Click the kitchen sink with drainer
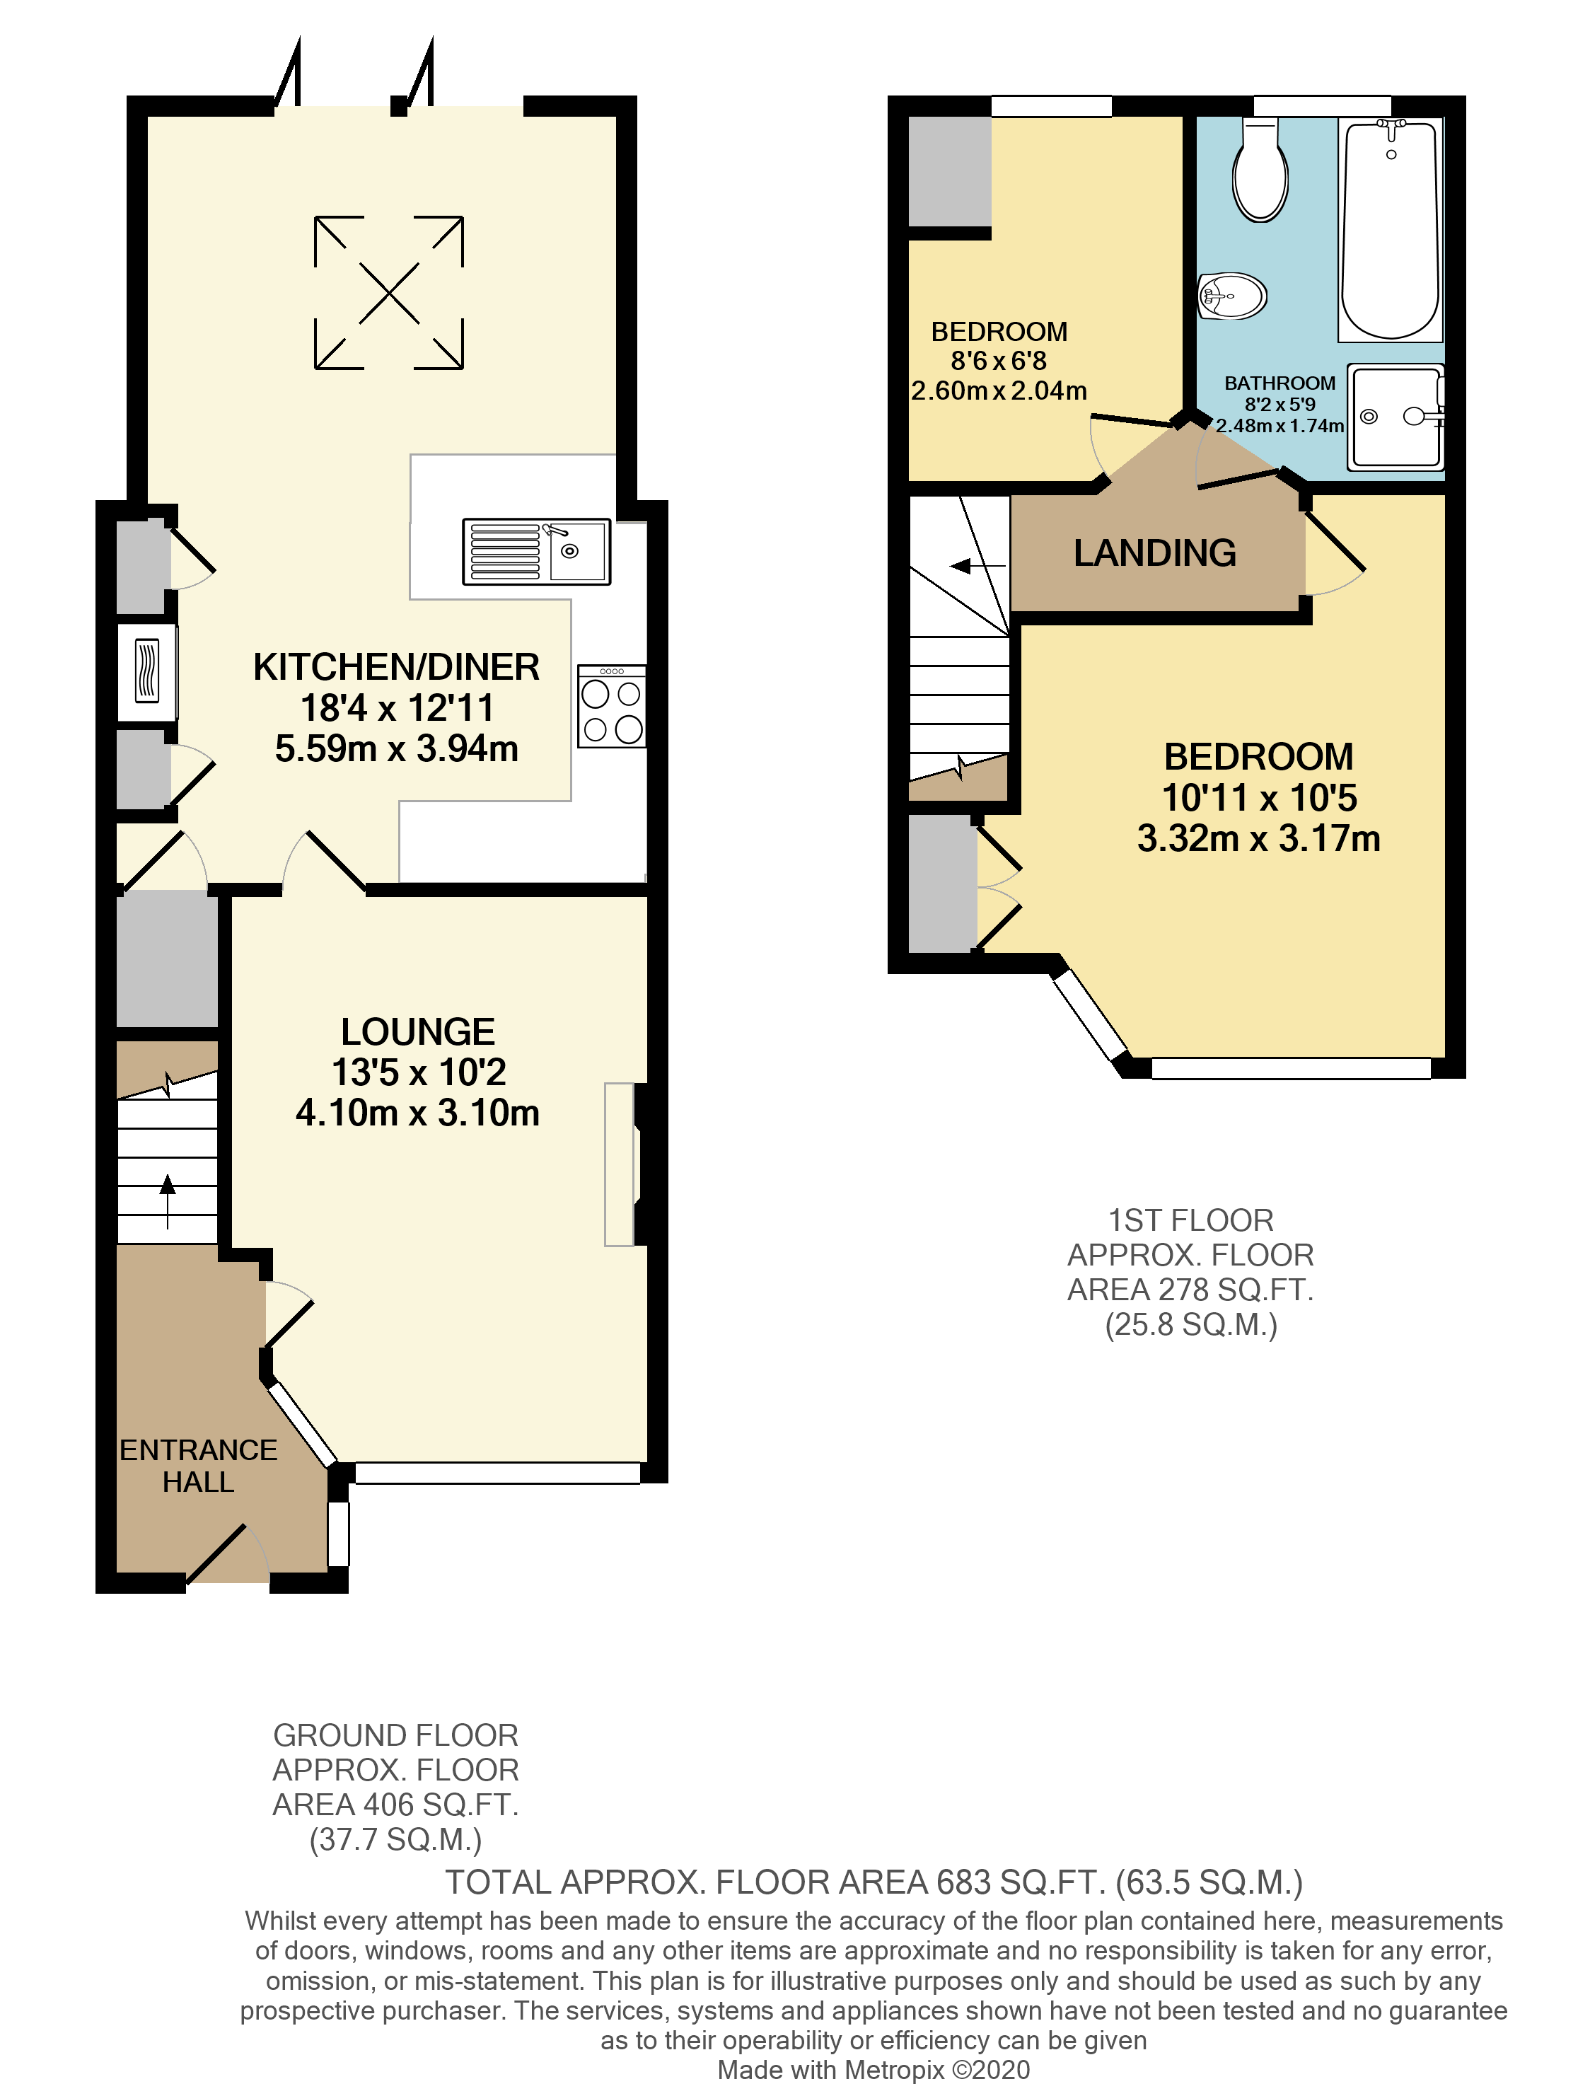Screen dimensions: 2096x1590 coord(536,552)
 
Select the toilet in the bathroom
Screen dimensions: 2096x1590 coord(1260,173)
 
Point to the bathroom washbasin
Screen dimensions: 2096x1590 coord(1232,296)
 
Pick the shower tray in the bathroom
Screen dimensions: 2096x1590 coord(1397,417)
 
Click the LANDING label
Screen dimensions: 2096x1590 coord(1154,553)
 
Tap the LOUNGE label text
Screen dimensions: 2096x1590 coord(418,1032)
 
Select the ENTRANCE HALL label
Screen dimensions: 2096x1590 coord(198,1466)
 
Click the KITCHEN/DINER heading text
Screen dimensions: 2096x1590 coord(396,667)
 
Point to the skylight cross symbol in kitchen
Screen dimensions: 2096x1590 coord(388,293)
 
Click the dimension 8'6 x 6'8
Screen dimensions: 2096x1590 coord(999,361)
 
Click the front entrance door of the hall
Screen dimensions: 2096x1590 coord(228,1556)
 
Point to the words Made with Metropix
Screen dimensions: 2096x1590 coord(831,2071)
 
